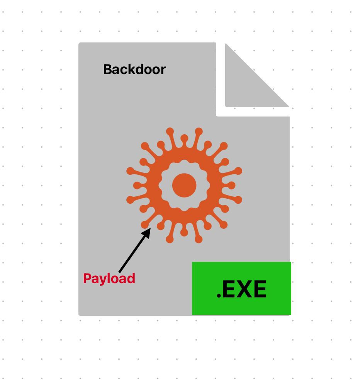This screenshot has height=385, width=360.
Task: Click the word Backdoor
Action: (x=134, y=69)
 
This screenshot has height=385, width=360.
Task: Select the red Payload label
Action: (x=109, y=279)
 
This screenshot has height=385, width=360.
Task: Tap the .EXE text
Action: (x=241, y=289)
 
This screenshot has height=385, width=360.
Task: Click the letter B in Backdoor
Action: (x=108, y=69)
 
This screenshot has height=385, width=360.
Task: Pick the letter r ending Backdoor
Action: (x=163, y=71)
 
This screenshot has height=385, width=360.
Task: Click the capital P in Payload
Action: (x=87, y=278)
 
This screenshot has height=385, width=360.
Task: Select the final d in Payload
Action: (x=131, y=278)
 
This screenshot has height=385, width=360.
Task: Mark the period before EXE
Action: (x=219, y=296)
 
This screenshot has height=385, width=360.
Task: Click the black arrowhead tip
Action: (x=151, y=228)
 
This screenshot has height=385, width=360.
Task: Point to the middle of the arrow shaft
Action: (x=134, y=250)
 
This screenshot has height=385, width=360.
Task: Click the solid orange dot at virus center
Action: (x=184, y=186)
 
